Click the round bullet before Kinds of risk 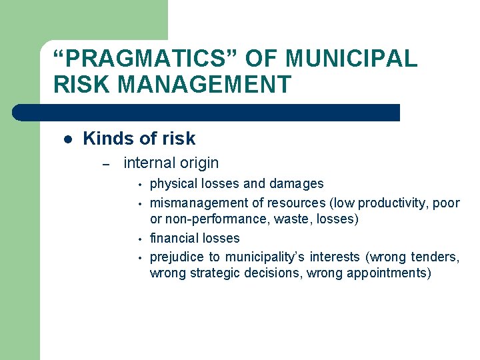(67, 139)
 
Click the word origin (199, 163)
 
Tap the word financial (173, 238)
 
